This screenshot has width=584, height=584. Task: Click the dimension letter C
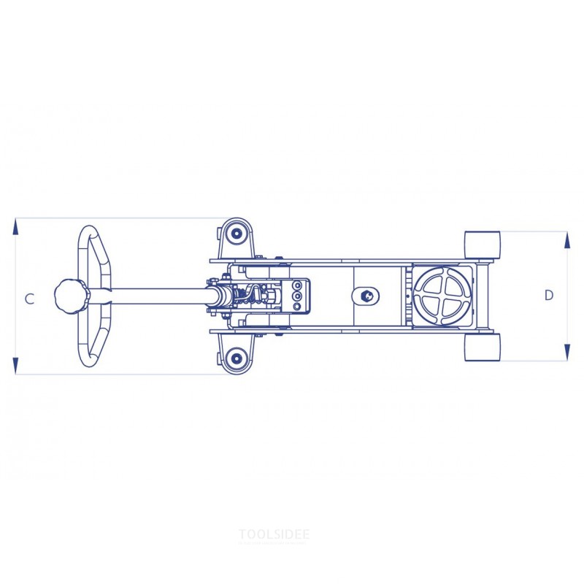(x=30, y=299)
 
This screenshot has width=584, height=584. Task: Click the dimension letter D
(x=549, y=296)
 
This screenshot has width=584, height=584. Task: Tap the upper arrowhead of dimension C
(x=15, y=226)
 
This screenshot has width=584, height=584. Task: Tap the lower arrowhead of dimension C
(x=15, y=366)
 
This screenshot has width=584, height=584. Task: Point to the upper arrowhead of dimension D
(x=567, y=240)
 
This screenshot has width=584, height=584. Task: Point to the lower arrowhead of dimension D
(x=567, y=353)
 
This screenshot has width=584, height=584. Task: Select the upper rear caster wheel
(x=236, y=234)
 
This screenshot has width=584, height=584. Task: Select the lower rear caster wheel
(x=236, y=358)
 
